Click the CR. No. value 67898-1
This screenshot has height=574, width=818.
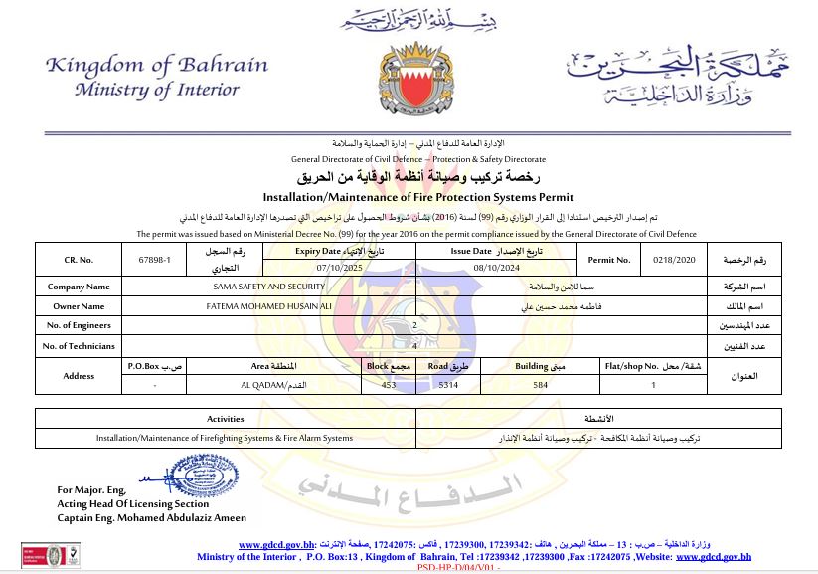click(x=155, y=260)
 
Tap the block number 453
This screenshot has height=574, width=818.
click(x=375, y=384)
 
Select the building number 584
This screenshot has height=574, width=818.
click(x=540, y=384)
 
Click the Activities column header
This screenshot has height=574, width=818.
click(x=225, y=419)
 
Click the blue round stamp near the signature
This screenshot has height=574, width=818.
click(x=205, y=479)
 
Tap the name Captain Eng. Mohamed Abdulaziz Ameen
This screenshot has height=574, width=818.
click(x=151, y=517)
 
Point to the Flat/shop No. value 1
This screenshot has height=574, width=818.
click(x=653, y=384)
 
